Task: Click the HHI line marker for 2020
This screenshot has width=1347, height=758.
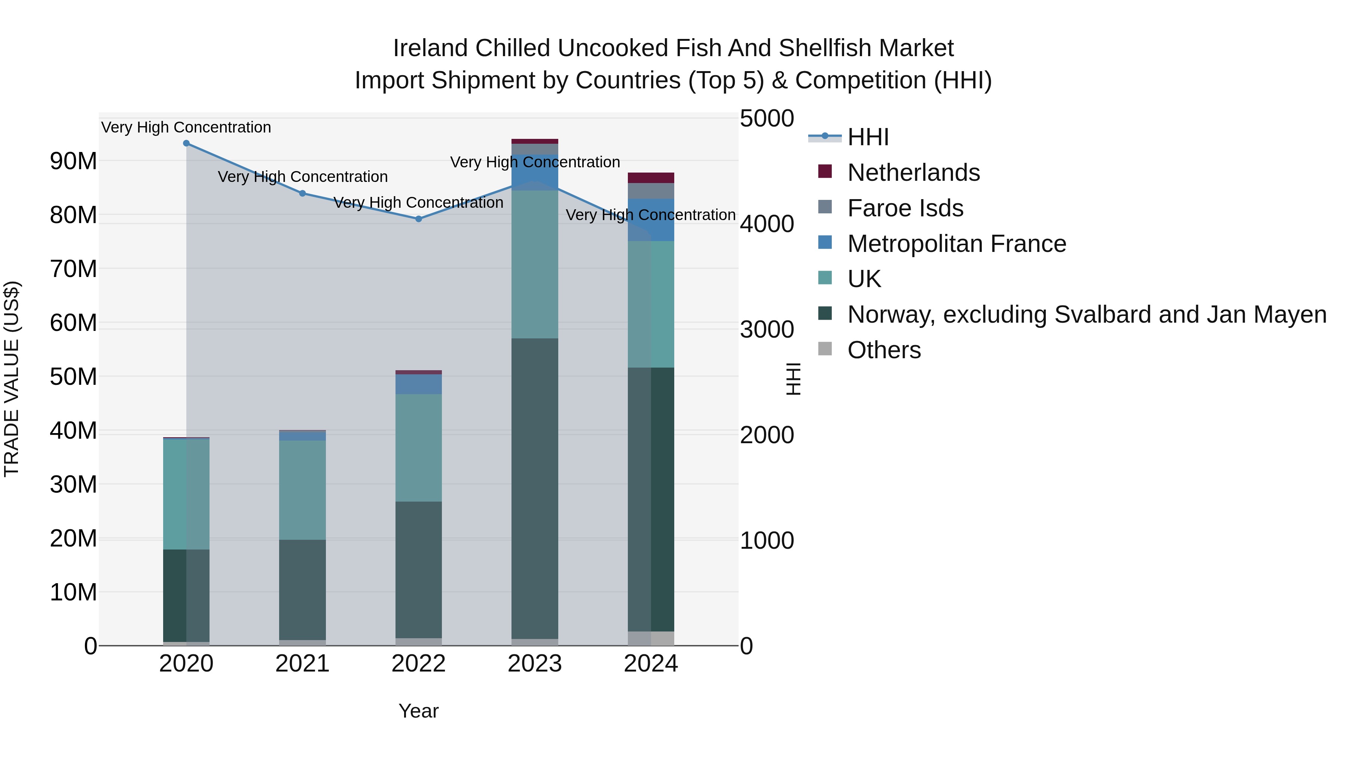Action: pos(186,143)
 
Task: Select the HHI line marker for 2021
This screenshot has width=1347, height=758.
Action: pos(302,194)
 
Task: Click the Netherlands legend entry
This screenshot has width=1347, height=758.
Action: pos(913,173)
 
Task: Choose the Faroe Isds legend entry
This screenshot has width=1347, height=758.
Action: pos(905,208)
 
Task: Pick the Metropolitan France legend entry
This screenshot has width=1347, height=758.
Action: pos(956,244)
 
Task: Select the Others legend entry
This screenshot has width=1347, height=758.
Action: pos(884,350)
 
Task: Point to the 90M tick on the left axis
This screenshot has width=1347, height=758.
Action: pos(73,161)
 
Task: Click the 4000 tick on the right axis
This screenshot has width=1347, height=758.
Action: pos(767,224)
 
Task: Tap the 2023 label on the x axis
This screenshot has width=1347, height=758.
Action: pos(534,664)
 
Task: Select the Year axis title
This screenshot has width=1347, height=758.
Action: pos(418,711)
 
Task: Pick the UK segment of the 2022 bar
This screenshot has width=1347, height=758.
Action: pos(418,447)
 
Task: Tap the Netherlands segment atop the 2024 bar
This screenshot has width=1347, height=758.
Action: pos(651,178)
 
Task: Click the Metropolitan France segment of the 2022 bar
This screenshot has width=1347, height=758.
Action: pos(418,384)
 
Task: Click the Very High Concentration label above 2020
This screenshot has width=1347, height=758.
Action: pos(186,127)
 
